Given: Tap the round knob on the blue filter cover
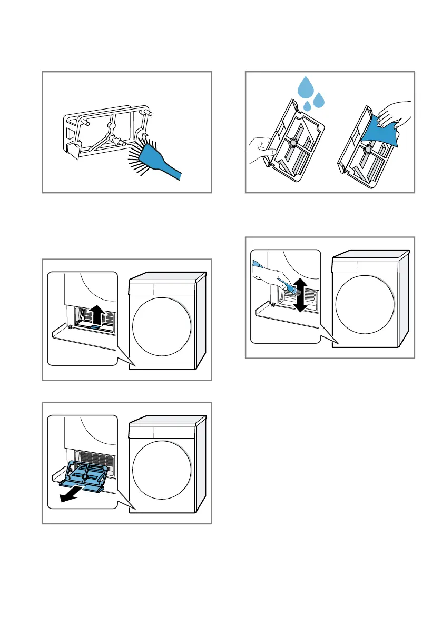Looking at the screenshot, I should click(x=85, y=478).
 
